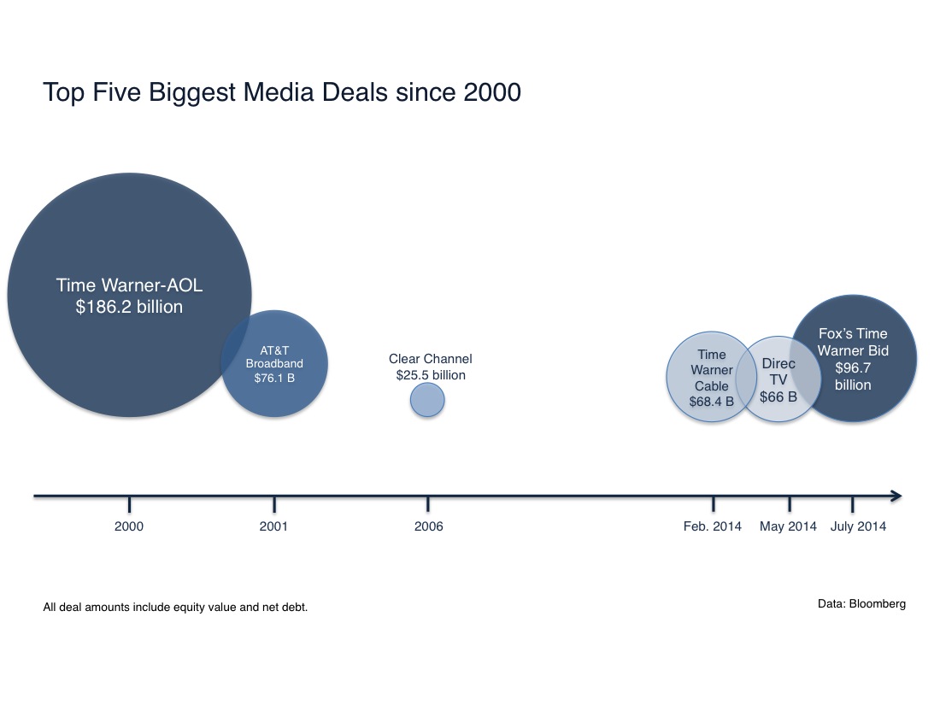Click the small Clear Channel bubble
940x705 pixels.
pos(427,399)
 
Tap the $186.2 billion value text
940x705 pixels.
pos(129,307)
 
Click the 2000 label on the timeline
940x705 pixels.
pos(129,526)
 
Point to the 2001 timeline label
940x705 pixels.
pos(273,526)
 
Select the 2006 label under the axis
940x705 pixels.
pos(428,526)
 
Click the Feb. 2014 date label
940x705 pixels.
pos(713,526)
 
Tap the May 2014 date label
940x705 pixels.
pos(788,526)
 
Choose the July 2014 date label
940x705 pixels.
pos(858,526)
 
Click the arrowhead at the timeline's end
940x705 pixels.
pos(896,496)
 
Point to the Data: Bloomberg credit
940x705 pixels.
pos(861,603)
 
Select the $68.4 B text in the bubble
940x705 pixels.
pos(711,402)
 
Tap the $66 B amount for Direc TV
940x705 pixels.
pos(778,397)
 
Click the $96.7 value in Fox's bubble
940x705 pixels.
pos(853,367)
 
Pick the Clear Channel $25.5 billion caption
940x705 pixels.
pos(430,367)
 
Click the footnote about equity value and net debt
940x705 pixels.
pos(175,608)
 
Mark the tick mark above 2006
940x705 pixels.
pos(428,502)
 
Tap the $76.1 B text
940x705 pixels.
pos(274,379)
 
